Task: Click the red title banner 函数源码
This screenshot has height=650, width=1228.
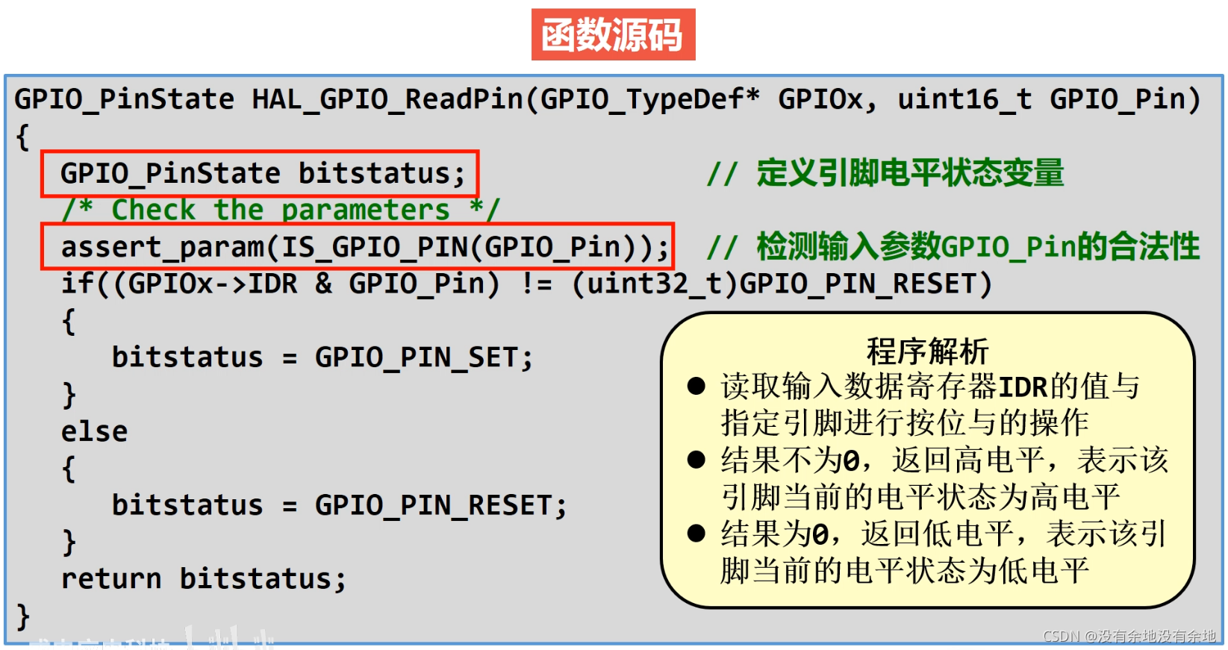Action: (613, 34)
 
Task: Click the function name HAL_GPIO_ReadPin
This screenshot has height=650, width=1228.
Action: (387, 99)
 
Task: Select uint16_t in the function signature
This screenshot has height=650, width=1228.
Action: (964, 99)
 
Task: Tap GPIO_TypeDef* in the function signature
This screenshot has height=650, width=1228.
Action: (649, 99)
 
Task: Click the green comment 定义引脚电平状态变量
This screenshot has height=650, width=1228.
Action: (909, 173)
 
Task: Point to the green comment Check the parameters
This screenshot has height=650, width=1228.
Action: (281, 210)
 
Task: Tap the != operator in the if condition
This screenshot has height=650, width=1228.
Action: (536, 284)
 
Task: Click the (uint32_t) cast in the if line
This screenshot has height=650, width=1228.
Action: (654, 284)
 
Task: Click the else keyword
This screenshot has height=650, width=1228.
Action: (94, 431)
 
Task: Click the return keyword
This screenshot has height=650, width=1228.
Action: (111, 579)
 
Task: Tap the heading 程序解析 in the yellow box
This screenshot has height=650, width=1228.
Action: (927, 351)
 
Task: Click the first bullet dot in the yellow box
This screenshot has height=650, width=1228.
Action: (696, 386)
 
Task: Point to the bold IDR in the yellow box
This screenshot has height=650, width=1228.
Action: (1023, 387)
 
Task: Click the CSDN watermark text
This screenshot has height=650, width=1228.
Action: (1129, 636)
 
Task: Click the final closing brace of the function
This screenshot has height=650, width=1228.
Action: (23, 616)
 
